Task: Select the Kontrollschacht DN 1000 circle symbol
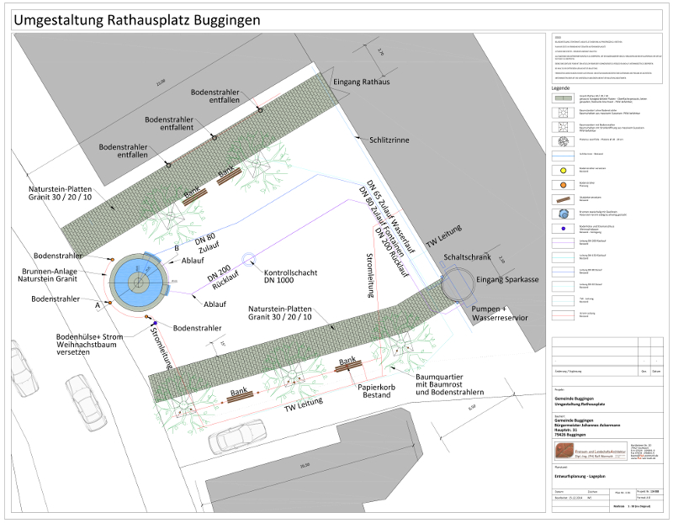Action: coord(248,258)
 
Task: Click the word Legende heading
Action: coord(561,88)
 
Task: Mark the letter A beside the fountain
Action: coord(98,306)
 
